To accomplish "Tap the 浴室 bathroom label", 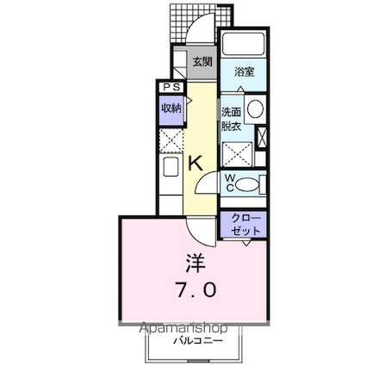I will (244, 73).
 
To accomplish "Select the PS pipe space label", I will (170, 88).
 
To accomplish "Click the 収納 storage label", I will (171, 108).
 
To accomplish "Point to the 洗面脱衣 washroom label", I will (231, 117).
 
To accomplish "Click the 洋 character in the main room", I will (195, 261).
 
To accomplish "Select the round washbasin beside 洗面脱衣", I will (255, 110).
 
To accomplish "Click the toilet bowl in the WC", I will (248, 182).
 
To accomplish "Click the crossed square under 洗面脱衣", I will (237, 154).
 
